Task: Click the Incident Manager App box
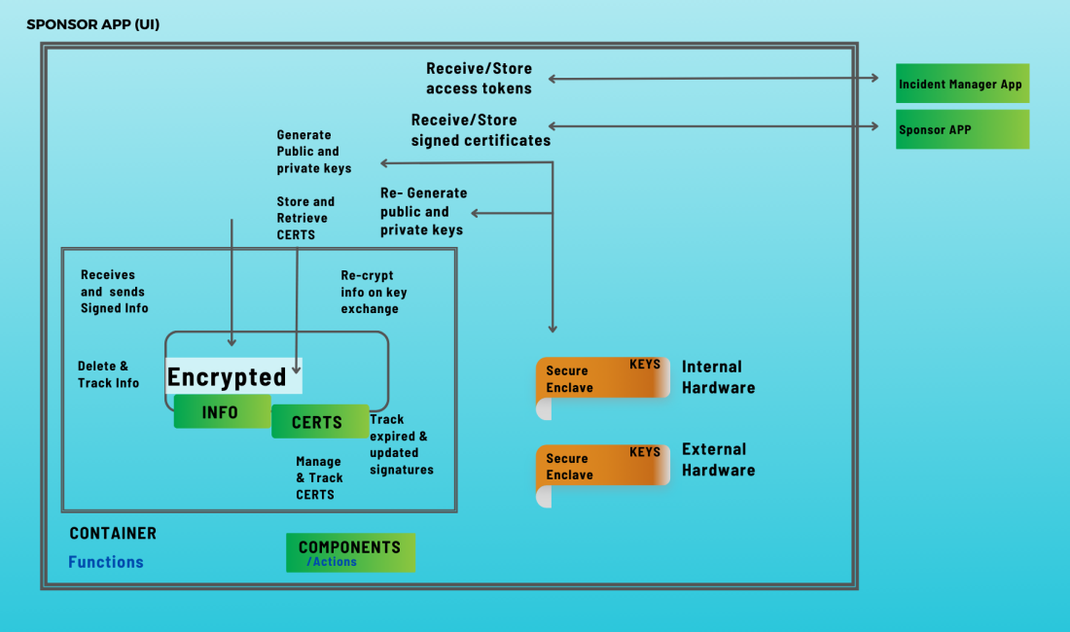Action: click(962, 85)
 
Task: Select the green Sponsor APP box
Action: click(962, 129)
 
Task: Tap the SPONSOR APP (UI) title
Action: click(93, 24)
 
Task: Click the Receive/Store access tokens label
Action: click(480, 79)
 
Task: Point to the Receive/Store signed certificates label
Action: click(481, 130)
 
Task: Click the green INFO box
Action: click(222, 412)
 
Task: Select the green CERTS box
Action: click(319, 422)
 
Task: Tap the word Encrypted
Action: click(228, 376)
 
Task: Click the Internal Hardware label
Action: click(718, 377)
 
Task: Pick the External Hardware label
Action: click(718, 460)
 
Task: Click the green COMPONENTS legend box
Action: click(350, 552)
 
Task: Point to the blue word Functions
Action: click(106, 562)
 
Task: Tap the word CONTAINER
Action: click(113, 534)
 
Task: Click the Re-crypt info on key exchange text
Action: click(374, 293)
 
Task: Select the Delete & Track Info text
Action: click(108, 374)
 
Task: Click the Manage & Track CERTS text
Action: click(319, 478)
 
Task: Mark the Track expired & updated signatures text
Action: click(401, 444)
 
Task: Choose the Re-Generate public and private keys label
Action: click(423, 212)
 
